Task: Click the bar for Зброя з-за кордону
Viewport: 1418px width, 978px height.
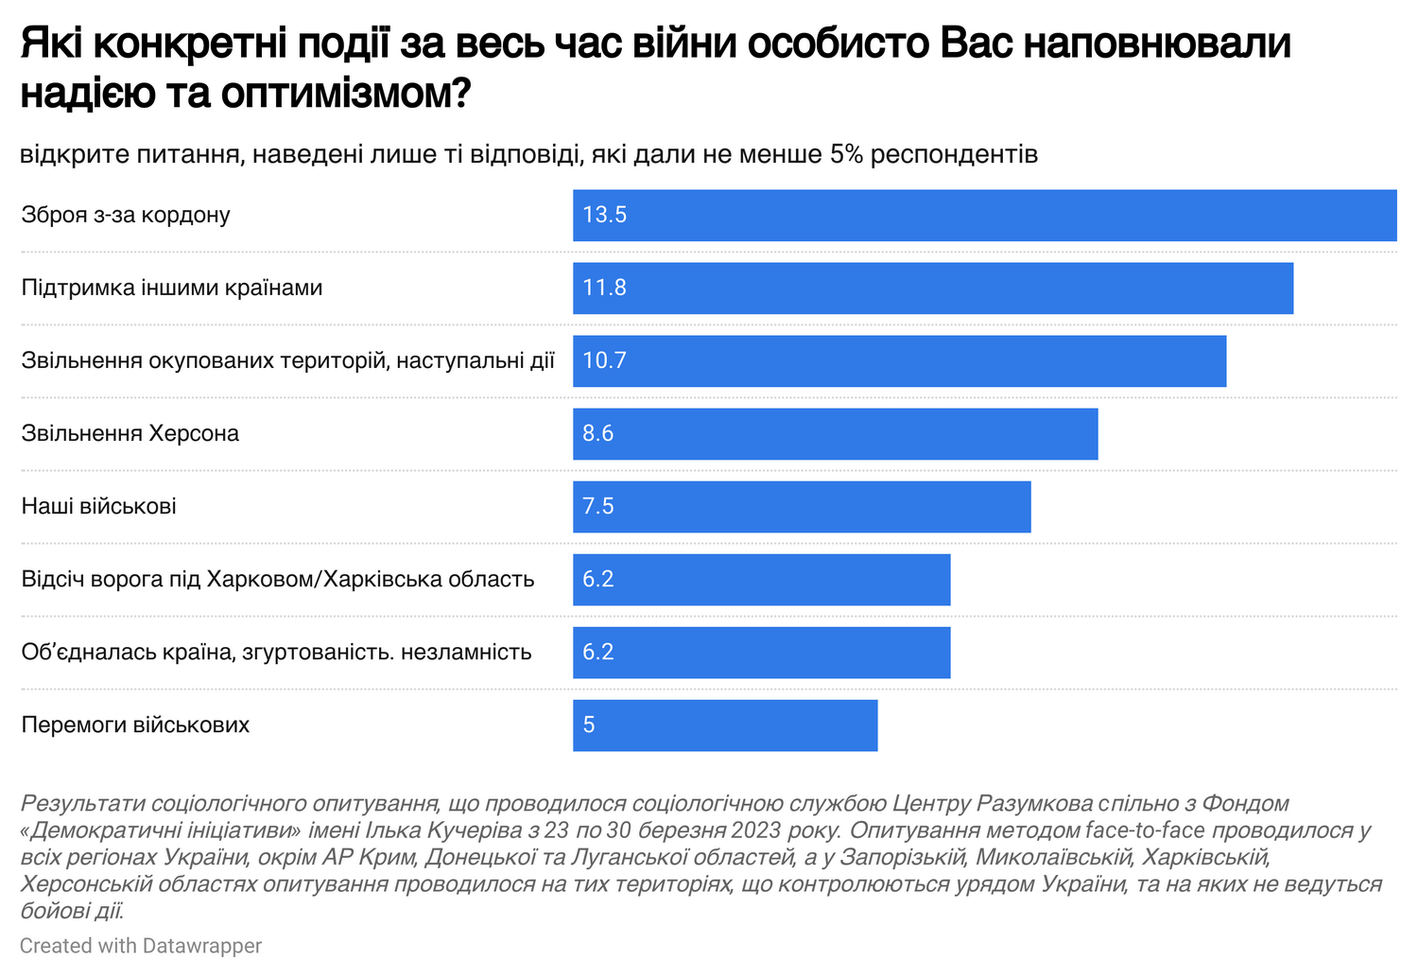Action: coord(984,216)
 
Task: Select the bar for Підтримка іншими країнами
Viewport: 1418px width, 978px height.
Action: coord(932,288)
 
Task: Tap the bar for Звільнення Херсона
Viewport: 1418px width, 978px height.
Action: coord(835,434)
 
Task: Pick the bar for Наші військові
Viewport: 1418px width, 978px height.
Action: coord(802,507)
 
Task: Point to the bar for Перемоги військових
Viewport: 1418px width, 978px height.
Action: coord(725,725)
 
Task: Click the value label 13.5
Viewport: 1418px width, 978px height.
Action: coord(605,216)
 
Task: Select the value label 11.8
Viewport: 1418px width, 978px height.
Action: coord(605,288)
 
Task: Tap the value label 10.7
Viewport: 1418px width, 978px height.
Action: coord(605,361)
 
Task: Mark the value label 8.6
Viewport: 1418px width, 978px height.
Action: coord(598,434)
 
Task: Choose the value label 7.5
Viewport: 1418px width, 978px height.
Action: coord(598,507)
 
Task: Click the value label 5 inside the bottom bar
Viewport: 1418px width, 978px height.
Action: coord(589,725)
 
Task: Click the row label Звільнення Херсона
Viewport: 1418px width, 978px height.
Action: coord(130,434)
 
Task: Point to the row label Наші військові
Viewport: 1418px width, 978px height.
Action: coord(99,507)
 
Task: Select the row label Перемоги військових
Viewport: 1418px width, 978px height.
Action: coord(136,725)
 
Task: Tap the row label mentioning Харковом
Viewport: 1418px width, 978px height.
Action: coord(278,580)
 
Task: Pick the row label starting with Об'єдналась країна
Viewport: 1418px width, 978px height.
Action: coord(276,653)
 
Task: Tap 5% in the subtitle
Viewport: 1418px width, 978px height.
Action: coord(846,154)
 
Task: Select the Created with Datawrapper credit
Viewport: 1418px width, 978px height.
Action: coord(141,946)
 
